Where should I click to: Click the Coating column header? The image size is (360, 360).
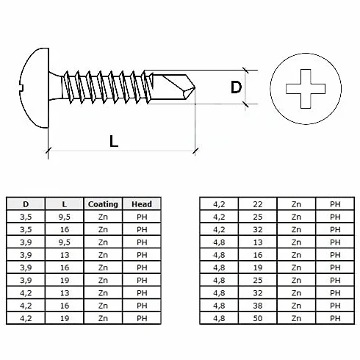[103, 204]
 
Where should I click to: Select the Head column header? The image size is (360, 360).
[142, 204]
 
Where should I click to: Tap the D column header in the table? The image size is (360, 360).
[26, 204]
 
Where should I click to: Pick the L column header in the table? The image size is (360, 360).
[65, 204]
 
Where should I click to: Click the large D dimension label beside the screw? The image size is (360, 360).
[236, 87]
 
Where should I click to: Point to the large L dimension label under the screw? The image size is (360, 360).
[114, 141]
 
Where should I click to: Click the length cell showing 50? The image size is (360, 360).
[258, 318]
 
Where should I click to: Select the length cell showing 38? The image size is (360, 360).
[258, 306]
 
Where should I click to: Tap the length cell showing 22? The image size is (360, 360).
[258, 204]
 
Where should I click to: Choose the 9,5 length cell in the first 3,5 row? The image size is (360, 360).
[65, 217]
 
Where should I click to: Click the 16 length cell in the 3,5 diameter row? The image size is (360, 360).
[65, 230]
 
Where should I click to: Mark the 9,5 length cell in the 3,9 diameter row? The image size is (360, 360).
[65, 242]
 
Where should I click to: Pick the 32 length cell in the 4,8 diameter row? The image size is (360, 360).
[258, 293]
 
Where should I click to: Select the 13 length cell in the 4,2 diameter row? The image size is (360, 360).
[65, 293]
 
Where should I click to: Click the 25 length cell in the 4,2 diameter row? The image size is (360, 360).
[258, 217]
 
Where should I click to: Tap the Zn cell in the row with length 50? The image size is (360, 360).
[296, 318]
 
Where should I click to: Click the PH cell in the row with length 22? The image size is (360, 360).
[335, 204]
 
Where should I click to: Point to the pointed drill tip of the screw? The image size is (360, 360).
[195, 87]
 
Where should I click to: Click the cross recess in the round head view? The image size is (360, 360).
[306, 89]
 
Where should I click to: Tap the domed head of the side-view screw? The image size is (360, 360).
[35, 87]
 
